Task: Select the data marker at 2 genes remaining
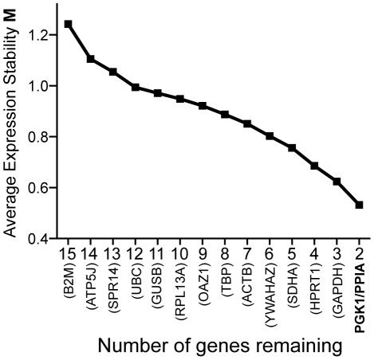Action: click(x=359, y=205)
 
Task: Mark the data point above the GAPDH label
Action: click(x=337, y=182)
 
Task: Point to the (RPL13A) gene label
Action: click(x=181, y=294)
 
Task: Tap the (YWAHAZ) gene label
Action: click(x=270, y=295)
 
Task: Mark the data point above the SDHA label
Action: click(x=292, y=148)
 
